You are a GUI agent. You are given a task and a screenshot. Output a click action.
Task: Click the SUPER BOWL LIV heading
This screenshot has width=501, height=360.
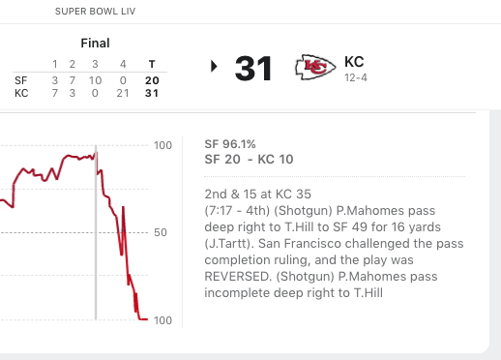click(x=95, y=12)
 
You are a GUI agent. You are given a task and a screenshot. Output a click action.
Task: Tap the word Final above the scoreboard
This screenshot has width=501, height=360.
click(x=95, y=43)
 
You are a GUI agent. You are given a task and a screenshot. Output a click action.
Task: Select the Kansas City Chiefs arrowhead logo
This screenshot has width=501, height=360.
click(x=315, y=67)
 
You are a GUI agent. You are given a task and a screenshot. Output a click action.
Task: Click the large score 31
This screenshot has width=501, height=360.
click(x=253, y=69)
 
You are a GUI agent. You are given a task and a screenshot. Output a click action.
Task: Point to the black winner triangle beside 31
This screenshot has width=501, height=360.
click(x=214, y=66)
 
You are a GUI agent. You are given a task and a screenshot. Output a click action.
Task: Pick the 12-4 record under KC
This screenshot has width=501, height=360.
click(x=356, y=77)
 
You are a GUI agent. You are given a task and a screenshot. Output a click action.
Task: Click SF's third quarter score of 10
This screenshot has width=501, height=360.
click(x=95, y=80)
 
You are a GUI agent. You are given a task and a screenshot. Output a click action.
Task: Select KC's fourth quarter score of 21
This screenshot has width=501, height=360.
click(x=123, y=93)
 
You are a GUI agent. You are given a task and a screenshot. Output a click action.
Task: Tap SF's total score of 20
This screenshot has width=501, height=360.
click(x=152, y=80)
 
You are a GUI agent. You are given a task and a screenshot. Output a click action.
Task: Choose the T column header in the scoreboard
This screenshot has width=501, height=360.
click(x=152, y=64)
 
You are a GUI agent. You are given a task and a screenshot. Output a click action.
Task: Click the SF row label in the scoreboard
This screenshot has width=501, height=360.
click(x=21, y=80)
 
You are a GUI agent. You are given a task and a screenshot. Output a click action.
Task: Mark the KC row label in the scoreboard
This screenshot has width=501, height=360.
click(x=21, y=93)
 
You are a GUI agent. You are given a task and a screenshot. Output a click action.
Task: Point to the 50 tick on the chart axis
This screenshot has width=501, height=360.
click(x=161, y=232)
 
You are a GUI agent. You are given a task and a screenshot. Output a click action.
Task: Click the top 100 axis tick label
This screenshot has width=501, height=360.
click(x=162, y=145)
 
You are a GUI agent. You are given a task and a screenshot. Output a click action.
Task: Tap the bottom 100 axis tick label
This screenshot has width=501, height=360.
click(x=162, y=320)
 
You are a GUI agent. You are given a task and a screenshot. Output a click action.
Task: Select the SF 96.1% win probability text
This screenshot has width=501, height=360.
click(x=230, y=144)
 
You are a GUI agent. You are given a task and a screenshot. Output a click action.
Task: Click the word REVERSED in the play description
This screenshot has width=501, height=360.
click(x=238, y=277)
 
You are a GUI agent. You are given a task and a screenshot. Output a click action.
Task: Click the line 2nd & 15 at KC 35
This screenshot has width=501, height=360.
click(x=257, y=195)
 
